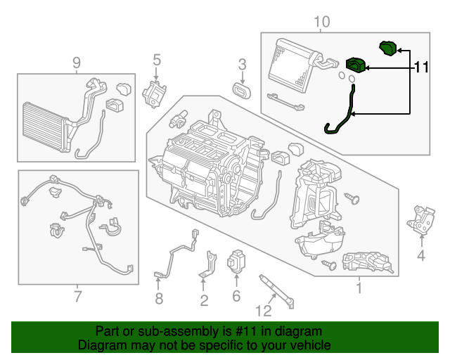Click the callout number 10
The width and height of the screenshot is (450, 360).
coord(321,22)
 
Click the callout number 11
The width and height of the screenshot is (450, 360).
coord(421,67)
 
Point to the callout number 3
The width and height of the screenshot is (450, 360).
coord(242,65)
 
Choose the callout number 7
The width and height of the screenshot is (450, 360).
coord(78,295)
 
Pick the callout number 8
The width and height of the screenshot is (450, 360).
coord(158,300)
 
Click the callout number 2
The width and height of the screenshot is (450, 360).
coord(203,301)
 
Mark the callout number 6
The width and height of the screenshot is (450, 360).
coord(236,295)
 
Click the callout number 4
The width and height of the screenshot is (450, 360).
coord(420,255)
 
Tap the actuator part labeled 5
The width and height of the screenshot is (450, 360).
coord(155,94)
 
